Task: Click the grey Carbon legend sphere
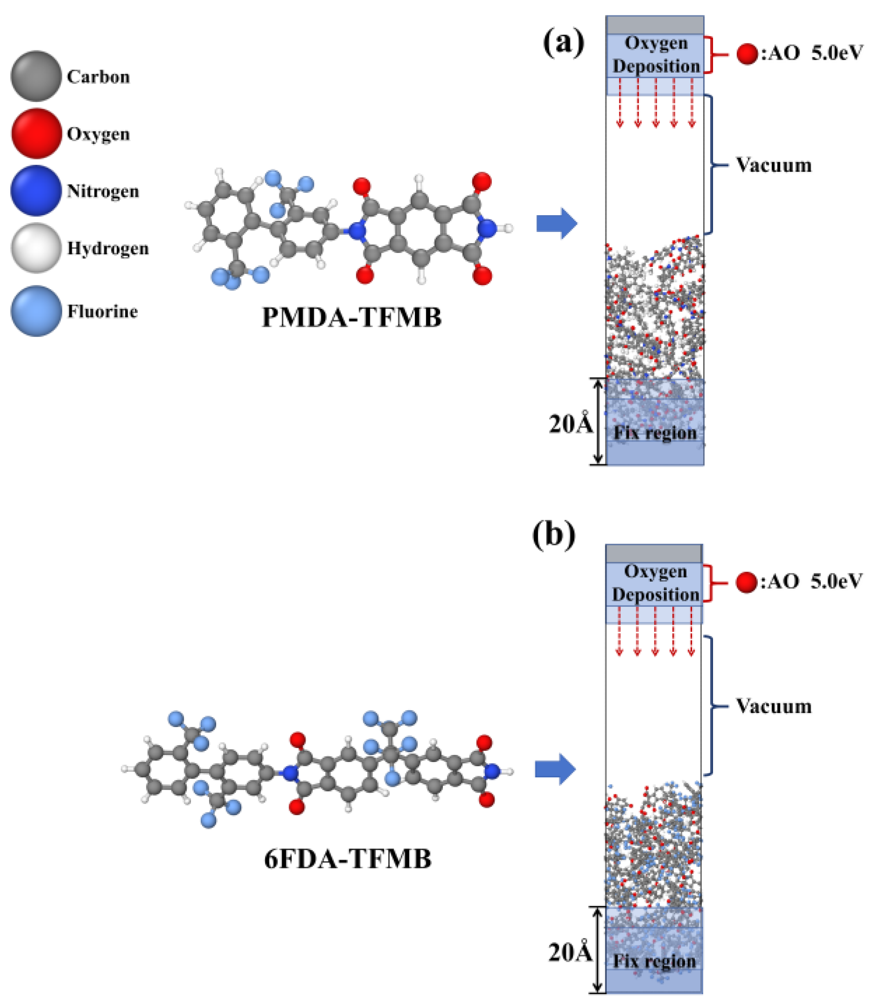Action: [x=36, y=76]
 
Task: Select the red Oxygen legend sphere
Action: [x=36, y=133]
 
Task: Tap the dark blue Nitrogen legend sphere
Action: [x=36, y=190]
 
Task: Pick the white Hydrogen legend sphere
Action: [x=36, y=248]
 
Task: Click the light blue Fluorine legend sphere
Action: [x=36, y=311]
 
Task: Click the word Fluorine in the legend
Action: [x=102, y=311]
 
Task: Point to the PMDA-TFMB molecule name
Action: [x=352, y=318]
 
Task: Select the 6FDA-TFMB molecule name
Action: [x=347, y=859]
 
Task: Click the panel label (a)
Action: [x=563, y=43]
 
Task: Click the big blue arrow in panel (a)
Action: [x=557, y=224]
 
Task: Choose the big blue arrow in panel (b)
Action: [x=555, y=769]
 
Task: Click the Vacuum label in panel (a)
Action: [x=774, y=165]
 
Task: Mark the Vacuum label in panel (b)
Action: [x=774, y=706]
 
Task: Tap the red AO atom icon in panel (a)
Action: [x=747, y=54]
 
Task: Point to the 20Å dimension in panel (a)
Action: [x=571, y=424]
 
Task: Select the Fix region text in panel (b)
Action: [x=654, y=961]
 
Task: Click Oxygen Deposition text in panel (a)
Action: [x=656, y=54]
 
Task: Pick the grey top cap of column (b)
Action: [x=653, y=553]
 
